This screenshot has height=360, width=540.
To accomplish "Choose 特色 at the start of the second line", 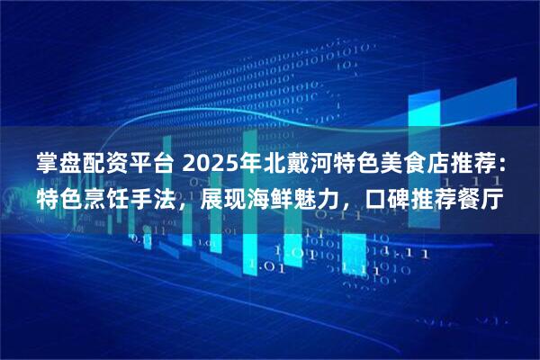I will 59,196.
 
